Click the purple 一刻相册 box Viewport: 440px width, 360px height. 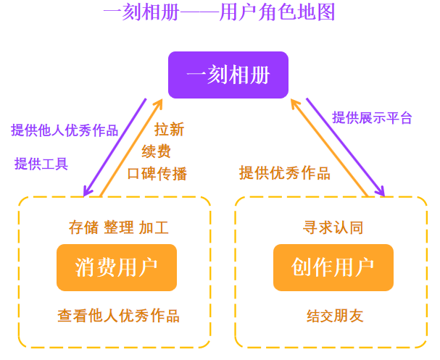pyautogui.click(x=228, y=75)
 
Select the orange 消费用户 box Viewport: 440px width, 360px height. pyautogui.click(x=116, y=267)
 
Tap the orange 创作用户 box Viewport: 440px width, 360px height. pyautogui.click(x=333, y=267)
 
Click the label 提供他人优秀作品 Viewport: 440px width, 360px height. pyautogui.click(x=65, y=130)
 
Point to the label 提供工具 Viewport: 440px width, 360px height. pyautogui.click(x=41, y=164)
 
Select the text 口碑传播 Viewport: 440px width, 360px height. pyautogui.click(x=157, y=174)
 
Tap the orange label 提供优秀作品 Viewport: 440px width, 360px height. pyautogui.click(x=285, y=173)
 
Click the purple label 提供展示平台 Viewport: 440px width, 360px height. pyautogui.click(x=372, y=117)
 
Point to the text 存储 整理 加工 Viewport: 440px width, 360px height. pyautogui.click(x=118, y=227)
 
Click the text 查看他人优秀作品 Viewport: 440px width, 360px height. pyautogui.click(x=118, y=316)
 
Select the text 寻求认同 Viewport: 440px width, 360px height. pyautogui.click(x=333, y=227)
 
